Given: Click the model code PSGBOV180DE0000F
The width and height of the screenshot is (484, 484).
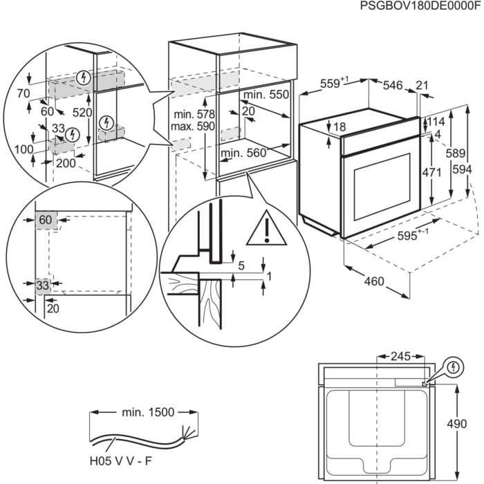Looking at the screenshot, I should pyautogui.click(x=419, y=6).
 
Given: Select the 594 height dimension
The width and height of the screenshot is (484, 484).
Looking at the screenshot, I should pyautogui.click(x=469, y=170).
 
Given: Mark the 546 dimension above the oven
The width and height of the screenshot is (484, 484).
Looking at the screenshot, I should pyautogui.click(x=392, y=85).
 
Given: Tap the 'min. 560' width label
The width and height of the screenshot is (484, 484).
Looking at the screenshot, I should pyautogui.click(x=243, y=153).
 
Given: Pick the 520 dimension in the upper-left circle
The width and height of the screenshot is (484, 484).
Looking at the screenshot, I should pyautogui.click(x=82, y=112).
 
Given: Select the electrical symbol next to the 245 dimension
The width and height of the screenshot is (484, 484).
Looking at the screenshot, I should pyautogui.click(x=453, y=366).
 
